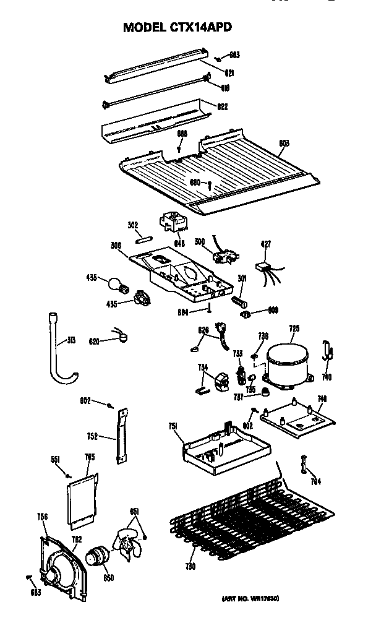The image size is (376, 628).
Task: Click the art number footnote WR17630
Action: (252, 599)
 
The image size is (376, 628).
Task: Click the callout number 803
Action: (284, 144)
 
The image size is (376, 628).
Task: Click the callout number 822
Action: (221, 106)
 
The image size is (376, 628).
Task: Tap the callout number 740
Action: (327, 377)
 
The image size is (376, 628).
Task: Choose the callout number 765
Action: (90, 457)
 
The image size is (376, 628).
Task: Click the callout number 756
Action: (42, 517)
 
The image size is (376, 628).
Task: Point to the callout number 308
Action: (115, 246)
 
